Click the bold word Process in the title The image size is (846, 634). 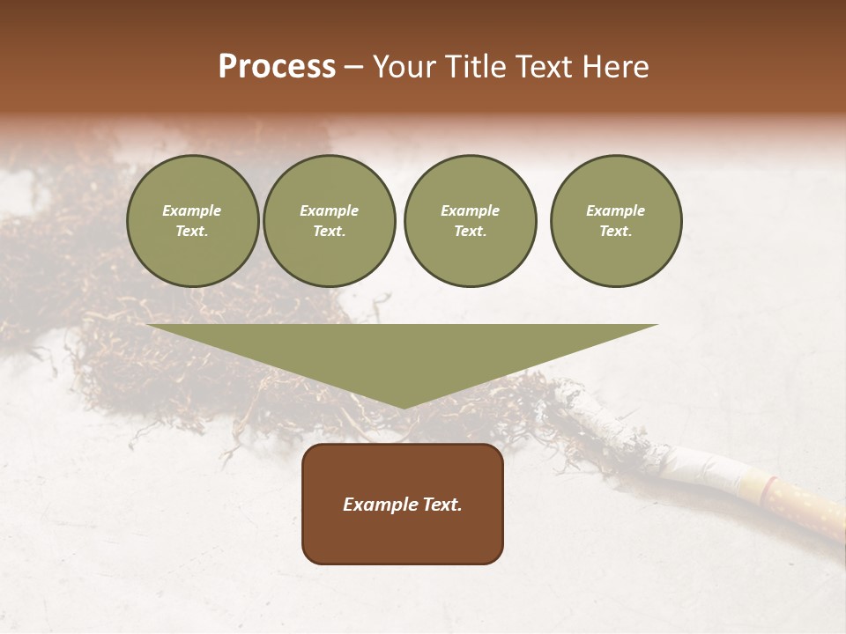(277, 67)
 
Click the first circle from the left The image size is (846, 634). (192, 221)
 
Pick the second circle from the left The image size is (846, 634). (329, 221)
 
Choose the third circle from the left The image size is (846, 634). (470, 221)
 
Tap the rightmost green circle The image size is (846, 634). (615, 221)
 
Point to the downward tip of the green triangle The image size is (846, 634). (403, 406)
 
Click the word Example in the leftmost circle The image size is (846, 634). (192, 210)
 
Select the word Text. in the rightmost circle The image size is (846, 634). (615, 232)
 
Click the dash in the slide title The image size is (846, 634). (354, 68)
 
